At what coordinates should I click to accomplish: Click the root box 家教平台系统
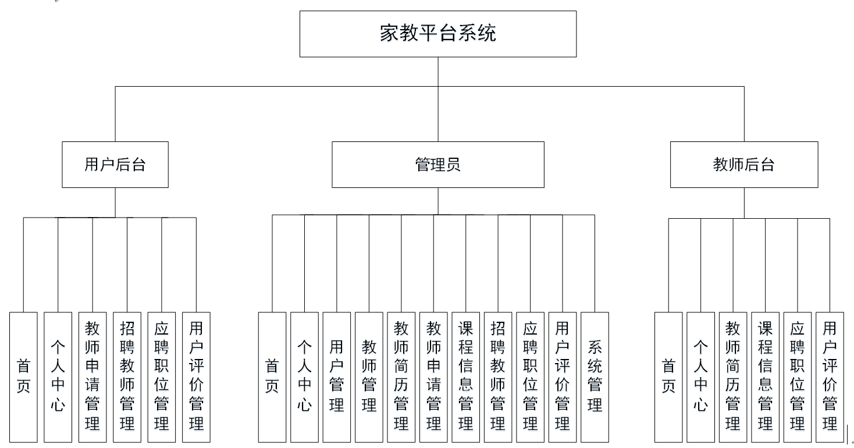pos(437,34)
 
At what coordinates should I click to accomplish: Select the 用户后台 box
pos(115,165)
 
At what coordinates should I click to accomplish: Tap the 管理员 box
pos(437,165)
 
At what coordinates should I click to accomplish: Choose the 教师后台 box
pos(743,165)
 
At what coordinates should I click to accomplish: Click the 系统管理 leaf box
pos(595,377)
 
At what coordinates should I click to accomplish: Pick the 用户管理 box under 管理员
pos(336,377)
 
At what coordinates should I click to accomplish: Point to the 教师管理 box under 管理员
pos(369,377)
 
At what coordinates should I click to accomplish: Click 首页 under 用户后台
pos(23,377)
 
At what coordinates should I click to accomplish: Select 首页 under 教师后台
pos(668,377)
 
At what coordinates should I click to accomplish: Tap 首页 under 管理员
pos(272,377)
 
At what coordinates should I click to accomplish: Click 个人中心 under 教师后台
pos(700,377)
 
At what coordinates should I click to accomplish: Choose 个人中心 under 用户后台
pos(58,377)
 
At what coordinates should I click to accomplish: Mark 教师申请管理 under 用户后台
pos(92,377)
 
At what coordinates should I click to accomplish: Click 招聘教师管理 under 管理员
pos(498,377)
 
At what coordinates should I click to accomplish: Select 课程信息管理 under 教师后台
pos(765,377)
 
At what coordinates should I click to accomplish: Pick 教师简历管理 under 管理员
pos(401,377)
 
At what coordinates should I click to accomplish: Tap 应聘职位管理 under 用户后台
pos(161,377)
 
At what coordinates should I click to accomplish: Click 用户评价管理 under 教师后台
pos(830,377)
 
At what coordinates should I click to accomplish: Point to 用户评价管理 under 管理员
pos(562,377)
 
